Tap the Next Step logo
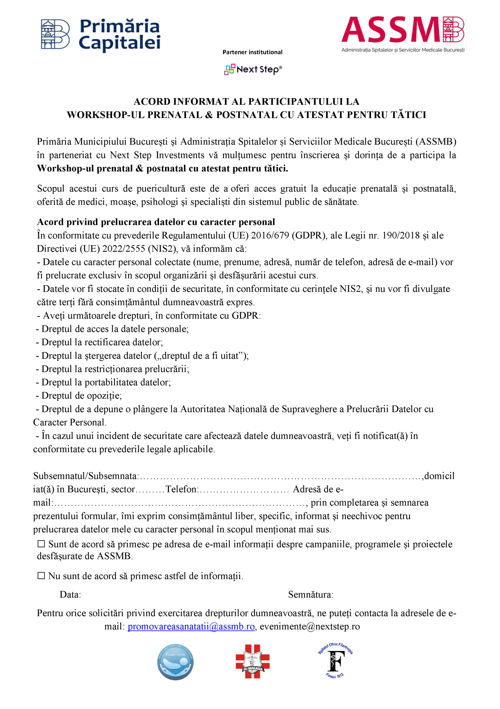tap(252, 70)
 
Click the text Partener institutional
tap(252, 52)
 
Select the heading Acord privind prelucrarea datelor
tap(156, 222)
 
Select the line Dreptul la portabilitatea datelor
tap(106, 382)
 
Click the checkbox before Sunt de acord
tap(41, 544)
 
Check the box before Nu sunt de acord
tap(41, 576)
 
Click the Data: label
tap(70, 594)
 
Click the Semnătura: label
tap(311, 594)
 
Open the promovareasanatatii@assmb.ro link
tap(191, 626)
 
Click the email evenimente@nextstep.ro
tap(310, 626)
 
